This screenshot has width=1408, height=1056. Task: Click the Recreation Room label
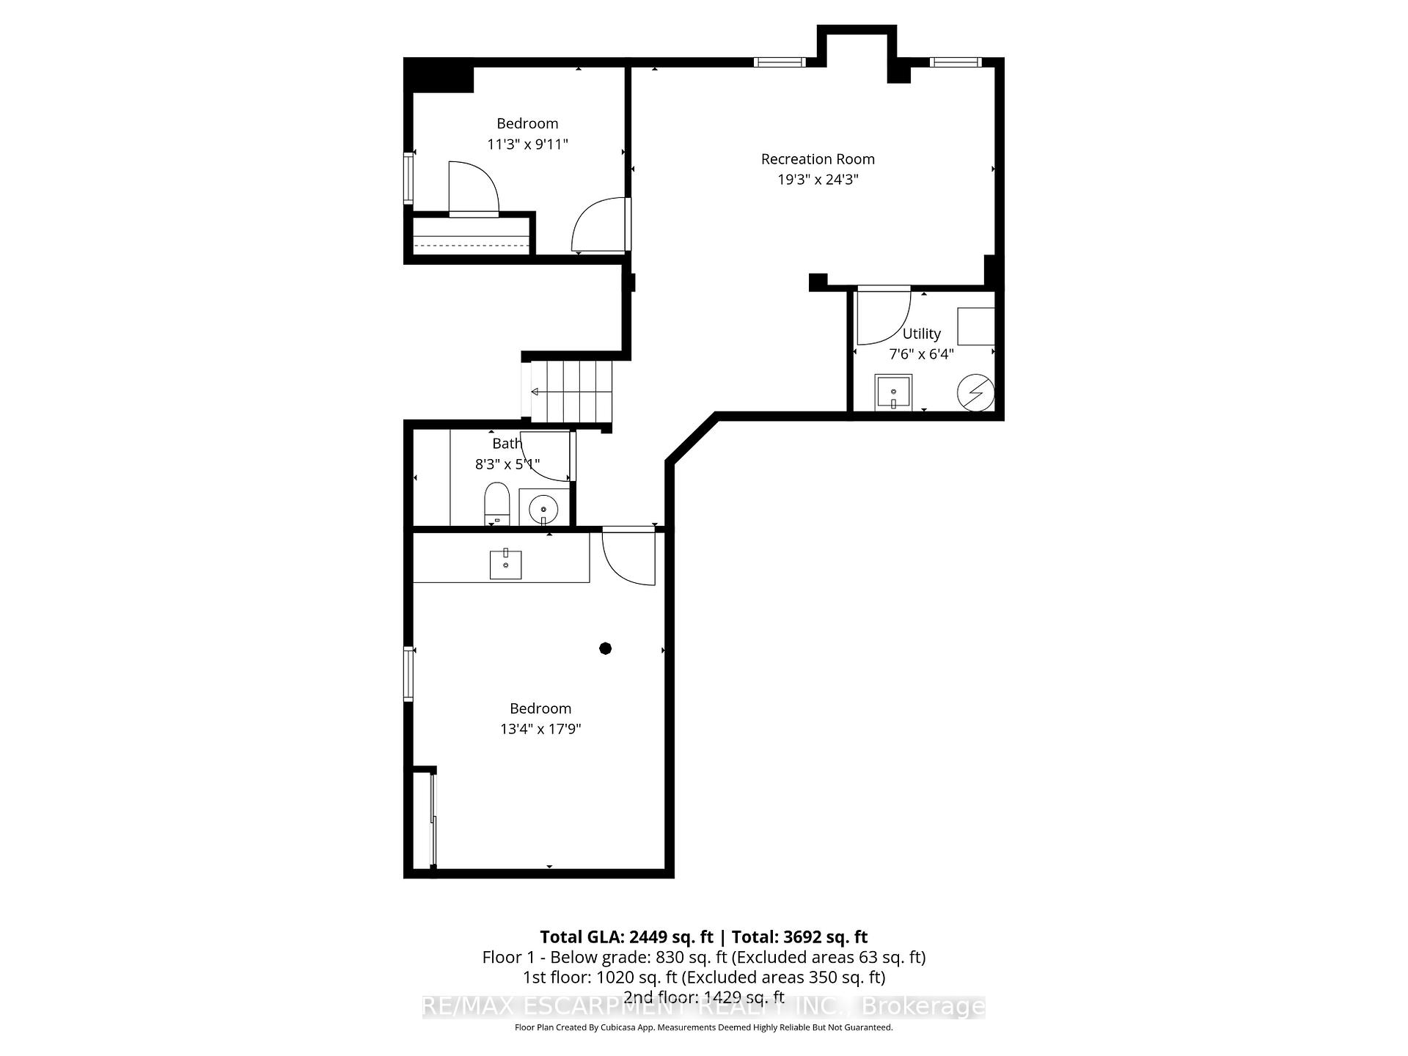[818, 159]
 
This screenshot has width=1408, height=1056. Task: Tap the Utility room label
[921, 334]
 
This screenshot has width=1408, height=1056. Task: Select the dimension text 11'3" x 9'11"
[527, 144]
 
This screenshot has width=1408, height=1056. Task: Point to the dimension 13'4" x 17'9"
[540, 729]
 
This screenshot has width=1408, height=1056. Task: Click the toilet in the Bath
[497, 503]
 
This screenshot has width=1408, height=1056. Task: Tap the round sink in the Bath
[543, 507]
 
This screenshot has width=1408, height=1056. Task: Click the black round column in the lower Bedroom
[605, 648]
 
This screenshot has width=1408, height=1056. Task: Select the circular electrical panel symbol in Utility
[976, 394]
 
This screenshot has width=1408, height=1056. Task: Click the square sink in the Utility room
[893, 393]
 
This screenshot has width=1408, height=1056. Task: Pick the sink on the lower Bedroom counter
[505, 564]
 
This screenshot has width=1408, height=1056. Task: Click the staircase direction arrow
[535, 392]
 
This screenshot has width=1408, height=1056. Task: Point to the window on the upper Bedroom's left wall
[408, 177]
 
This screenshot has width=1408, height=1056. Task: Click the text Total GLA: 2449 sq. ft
[626, 936]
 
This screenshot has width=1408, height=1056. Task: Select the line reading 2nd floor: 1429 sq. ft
[703, 997]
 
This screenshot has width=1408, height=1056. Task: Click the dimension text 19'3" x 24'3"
[818, 180]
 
